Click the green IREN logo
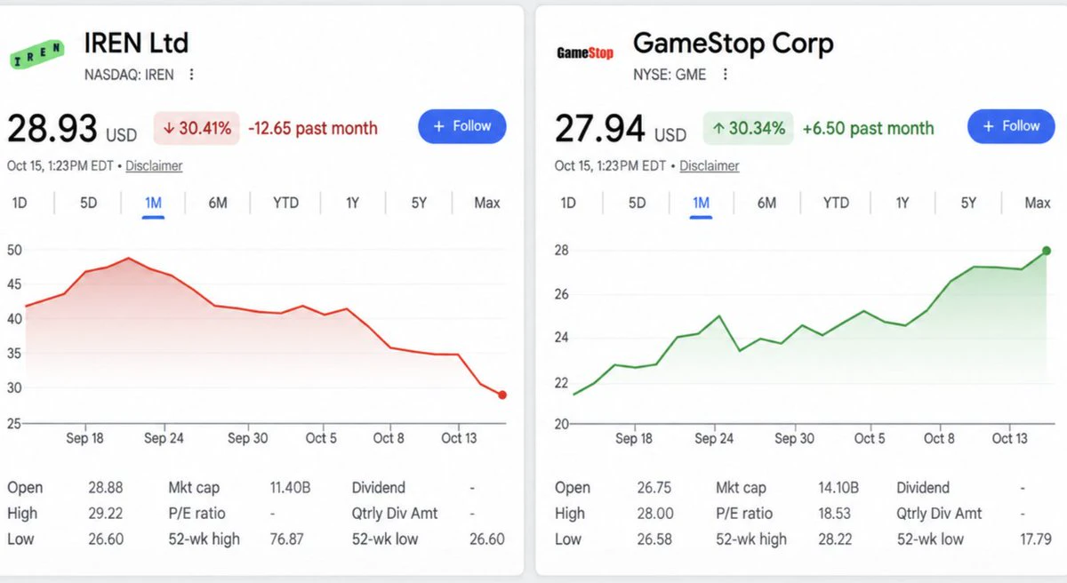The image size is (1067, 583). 37,54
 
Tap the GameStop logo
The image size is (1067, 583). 585,52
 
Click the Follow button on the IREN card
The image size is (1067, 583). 462,126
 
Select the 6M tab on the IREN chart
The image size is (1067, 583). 218,204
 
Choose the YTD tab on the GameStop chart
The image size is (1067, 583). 836,204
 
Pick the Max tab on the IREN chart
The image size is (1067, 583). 487,204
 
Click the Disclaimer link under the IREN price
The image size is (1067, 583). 154,166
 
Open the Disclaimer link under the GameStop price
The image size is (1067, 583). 710,166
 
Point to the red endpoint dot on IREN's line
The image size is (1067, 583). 502,395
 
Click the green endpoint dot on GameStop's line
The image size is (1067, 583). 1047,251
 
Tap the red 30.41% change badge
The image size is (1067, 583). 197,128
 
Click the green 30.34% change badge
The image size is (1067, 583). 749,128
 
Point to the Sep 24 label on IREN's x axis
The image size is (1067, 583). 164,438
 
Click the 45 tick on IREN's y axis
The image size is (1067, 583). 14,284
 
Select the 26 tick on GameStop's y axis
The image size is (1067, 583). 562,294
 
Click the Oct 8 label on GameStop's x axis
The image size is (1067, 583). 939,438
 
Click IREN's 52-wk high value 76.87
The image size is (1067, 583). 286,539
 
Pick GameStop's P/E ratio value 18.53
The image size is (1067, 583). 835,514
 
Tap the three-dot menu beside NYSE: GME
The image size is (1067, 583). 725,75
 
